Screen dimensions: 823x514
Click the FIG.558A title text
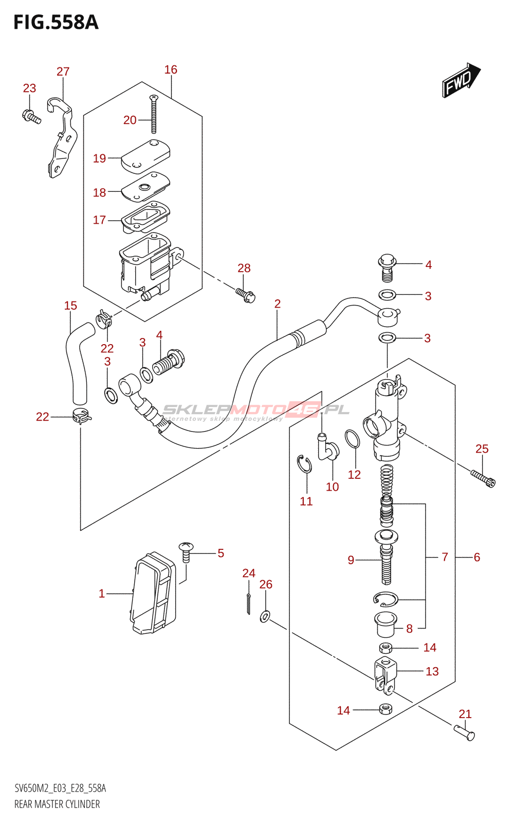click(56, 23)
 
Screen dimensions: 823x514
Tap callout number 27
click(63, 71)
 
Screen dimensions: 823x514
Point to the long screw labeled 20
click(153, 114)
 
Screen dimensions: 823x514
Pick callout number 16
click(171, 69)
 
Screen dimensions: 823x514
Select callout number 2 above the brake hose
click(278, 304)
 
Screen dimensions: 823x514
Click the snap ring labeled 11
click(305, 464)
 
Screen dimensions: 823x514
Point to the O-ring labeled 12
click(352, 439)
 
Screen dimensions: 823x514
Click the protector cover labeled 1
click(154, 593)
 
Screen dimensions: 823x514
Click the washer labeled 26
click(265, 615)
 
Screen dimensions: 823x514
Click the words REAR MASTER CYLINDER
click(57, 804)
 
